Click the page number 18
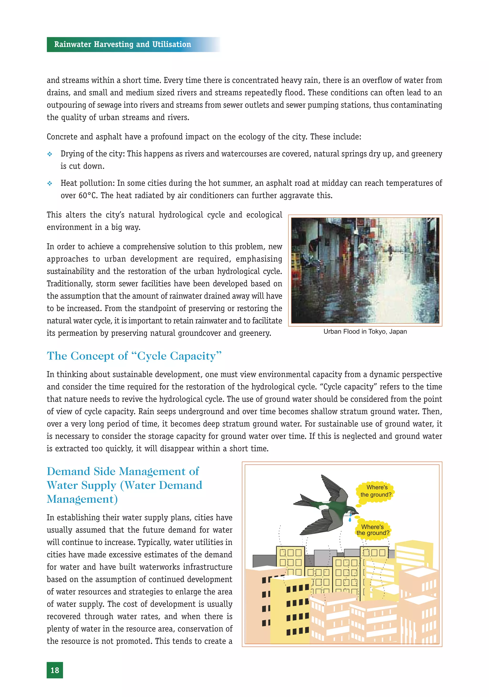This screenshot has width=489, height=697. point(55,670)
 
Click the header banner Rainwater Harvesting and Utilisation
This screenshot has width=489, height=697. point(122,44)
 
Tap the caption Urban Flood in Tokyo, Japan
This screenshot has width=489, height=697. point(365,331)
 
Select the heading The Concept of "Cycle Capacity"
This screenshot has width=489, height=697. point(134,356)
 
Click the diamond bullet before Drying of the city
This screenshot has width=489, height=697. point(50,154)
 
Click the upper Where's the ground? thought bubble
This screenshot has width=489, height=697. point(376,491)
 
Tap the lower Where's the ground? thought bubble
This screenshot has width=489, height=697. point(372,530)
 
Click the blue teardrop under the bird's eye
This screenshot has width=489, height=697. point(350,519)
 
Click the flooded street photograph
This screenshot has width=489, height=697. point(365,270)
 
